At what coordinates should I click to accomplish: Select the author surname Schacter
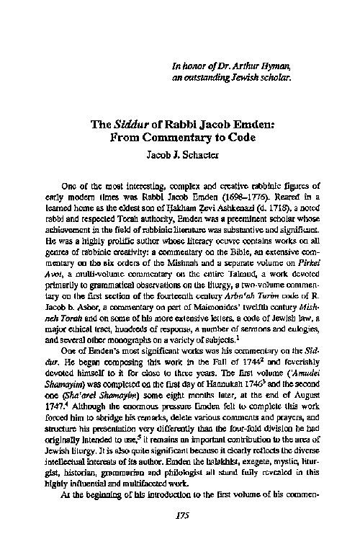[200, 153]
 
